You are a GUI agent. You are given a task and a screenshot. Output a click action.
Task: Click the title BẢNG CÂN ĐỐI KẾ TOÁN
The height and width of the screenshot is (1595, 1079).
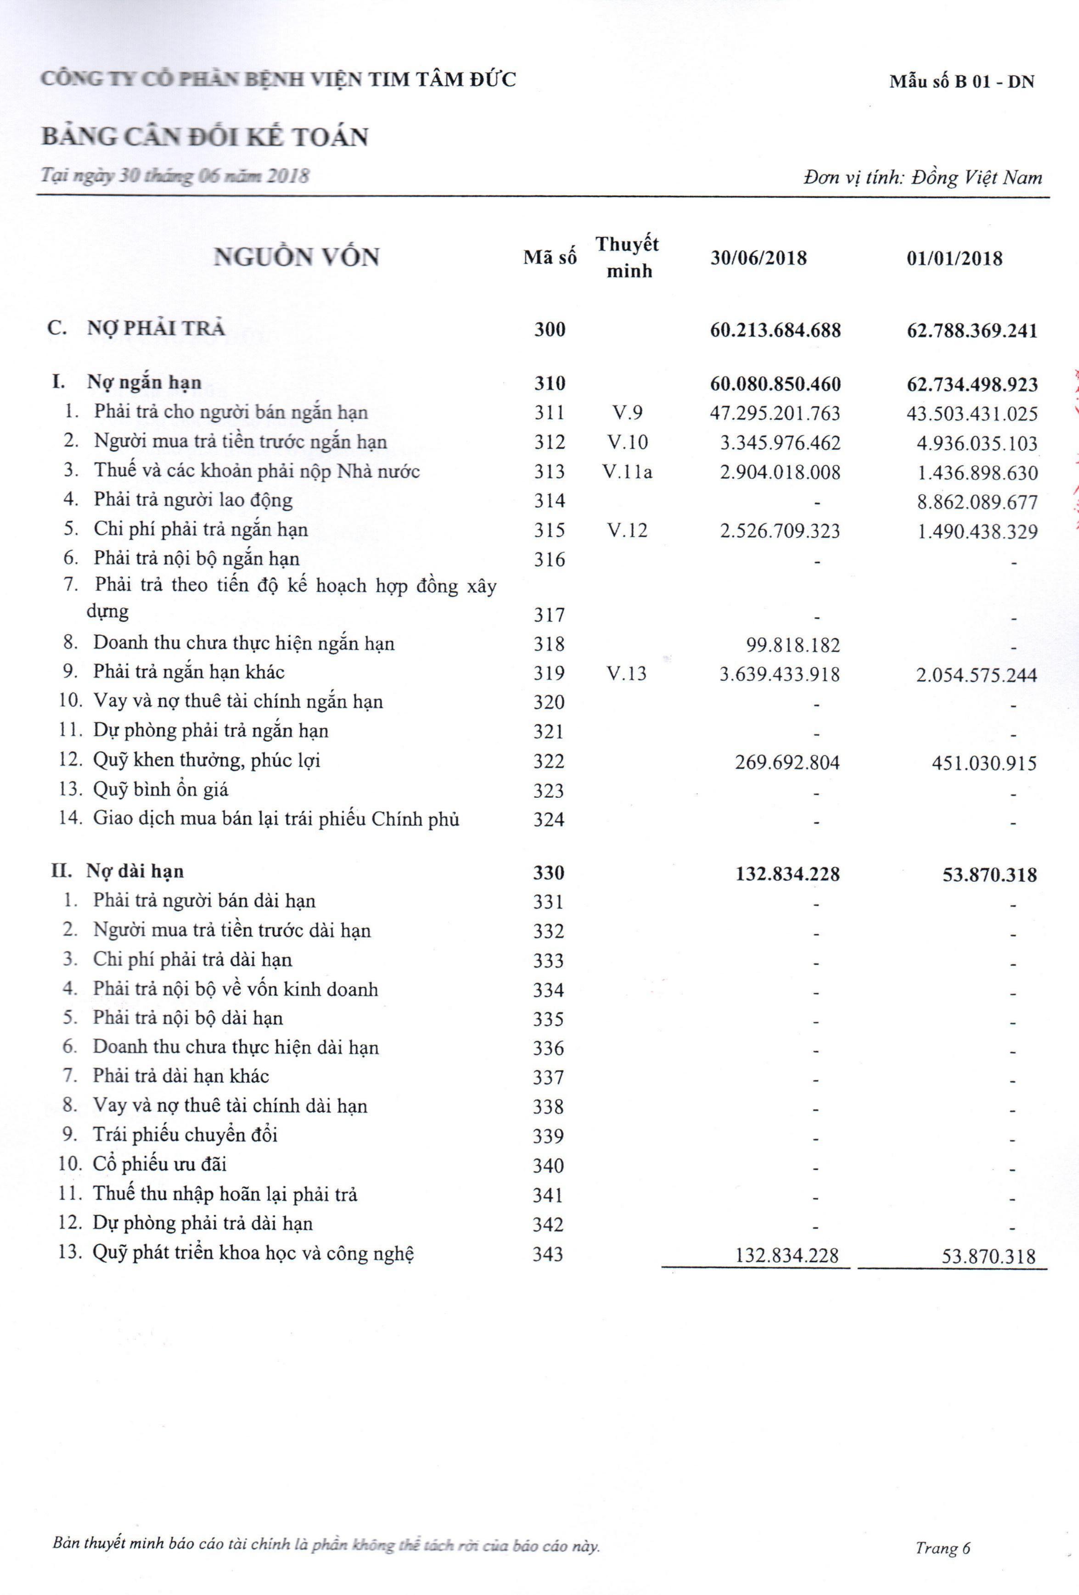(x=204, y=137)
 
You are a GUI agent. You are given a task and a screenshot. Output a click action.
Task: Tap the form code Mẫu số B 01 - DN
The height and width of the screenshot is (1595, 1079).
(x=961, y=82)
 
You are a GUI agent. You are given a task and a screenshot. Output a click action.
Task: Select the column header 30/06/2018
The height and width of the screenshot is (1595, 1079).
(x=759, y=259)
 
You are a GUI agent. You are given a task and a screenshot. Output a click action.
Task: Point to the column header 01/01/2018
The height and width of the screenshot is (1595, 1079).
(x=954, y=259)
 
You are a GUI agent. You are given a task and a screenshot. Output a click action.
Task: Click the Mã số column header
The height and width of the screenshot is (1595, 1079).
(x=549, y=258)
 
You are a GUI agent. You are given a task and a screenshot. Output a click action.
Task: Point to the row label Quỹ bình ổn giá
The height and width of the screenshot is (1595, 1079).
(x=161, y=789)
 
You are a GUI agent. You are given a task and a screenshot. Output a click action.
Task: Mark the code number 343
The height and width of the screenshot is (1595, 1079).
(x=548, y=1254)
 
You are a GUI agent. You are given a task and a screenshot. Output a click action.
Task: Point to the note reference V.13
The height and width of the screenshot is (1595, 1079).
(x=627, y=673)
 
